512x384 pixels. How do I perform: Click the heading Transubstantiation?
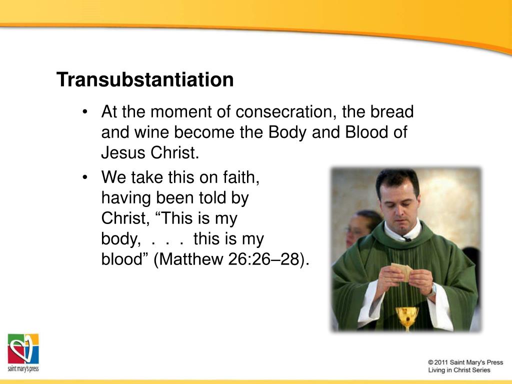point(144,79)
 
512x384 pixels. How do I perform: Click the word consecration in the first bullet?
point(283,111)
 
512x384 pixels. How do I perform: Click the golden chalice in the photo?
point(406,316)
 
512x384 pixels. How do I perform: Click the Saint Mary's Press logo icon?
point(23,349)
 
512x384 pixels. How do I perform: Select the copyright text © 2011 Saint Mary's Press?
point(465,362)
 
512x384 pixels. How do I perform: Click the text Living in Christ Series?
point(459,370)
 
